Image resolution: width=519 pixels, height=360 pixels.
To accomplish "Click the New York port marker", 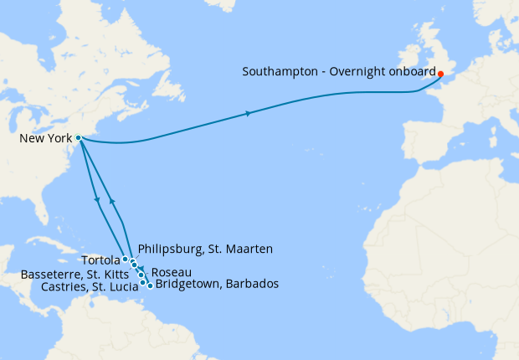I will click(x=78, y=137).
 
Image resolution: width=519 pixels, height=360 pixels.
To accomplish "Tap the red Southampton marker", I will click(x=440, y=74).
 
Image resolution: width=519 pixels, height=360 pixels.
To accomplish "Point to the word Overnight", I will click(x=357, y=72).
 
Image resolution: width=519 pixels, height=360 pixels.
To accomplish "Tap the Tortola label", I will click(x=101, y=260).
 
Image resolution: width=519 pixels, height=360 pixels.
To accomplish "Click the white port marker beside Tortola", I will click(x=125, y=260).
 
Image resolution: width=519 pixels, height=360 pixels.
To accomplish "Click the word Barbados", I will click(x=251, y=285).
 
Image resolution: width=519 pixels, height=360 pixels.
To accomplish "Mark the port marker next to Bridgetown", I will click(x=150, y=285).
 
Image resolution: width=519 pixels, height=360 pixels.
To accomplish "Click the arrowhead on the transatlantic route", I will click(x=248, y=113).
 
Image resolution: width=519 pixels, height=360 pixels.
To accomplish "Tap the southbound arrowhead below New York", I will click(x=98, y=199).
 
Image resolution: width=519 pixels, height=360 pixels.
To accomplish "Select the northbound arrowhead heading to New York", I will click(x=112, y=202).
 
